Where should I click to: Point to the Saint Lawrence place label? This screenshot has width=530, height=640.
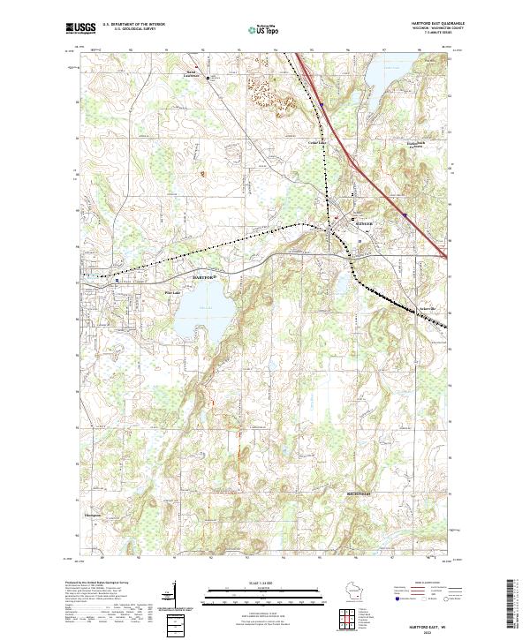(192, 74)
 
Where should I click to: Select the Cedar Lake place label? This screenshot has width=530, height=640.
(316, 141)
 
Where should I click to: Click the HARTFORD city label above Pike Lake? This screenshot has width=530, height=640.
(203, 277)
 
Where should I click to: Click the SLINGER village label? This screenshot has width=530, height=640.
(364, 225)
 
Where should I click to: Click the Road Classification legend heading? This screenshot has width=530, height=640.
(429, 584)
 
